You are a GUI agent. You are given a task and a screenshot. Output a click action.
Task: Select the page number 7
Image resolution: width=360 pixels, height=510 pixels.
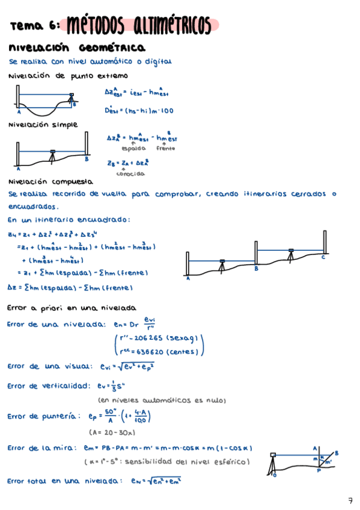coord(350,500)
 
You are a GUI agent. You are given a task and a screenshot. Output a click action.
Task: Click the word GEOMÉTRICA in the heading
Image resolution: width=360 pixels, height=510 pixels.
coord(116,48)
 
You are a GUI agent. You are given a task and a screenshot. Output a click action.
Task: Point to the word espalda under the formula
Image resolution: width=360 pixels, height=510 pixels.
coord(133,148)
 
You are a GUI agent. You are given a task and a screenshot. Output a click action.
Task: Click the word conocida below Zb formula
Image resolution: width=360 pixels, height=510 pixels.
coord(130,174)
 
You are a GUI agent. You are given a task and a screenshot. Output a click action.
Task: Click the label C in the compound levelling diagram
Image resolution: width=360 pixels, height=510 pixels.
coord(323,257)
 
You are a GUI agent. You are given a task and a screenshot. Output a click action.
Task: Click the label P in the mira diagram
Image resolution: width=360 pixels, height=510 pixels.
coord(319,472)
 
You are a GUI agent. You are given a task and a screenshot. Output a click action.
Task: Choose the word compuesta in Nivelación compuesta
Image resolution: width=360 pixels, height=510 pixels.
coord(72,181)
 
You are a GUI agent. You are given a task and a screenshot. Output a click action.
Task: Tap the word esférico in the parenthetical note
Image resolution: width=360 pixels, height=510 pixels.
coord(231,462)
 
